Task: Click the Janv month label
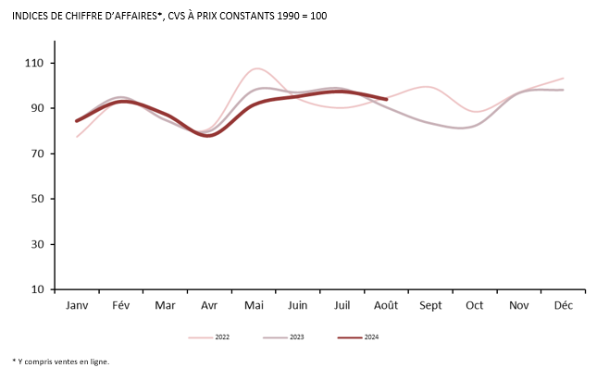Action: click(77, 305)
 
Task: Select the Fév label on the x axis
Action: click(121, 305)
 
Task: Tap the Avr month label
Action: click(209, 305)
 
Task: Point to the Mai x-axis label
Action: click(254, 305)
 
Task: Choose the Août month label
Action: click(386, 305)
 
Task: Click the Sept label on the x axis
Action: click(430, 305)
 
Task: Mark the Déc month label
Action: click(563, 305)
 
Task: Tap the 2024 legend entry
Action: click(373, 337)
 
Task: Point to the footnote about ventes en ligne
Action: click(61, 362)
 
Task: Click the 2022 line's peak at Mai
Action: click(256, 68)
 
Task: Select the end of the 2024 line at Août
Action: click(386, 99)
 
